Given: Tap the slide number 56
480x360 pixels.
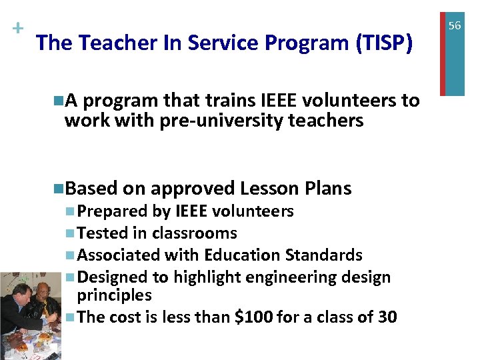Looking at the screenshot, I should tap(455, 25).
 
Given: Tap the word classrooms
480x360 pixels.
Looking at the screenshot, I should tap(194, 233).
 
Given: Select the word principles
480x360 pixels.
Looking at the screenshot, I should tap(114, 295).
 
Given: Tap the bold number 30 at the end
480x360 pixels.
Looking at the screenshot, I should tap(387, 317).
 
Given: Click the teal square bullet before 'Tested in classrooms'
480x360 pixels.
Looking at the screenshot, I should tap(71, 234).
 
